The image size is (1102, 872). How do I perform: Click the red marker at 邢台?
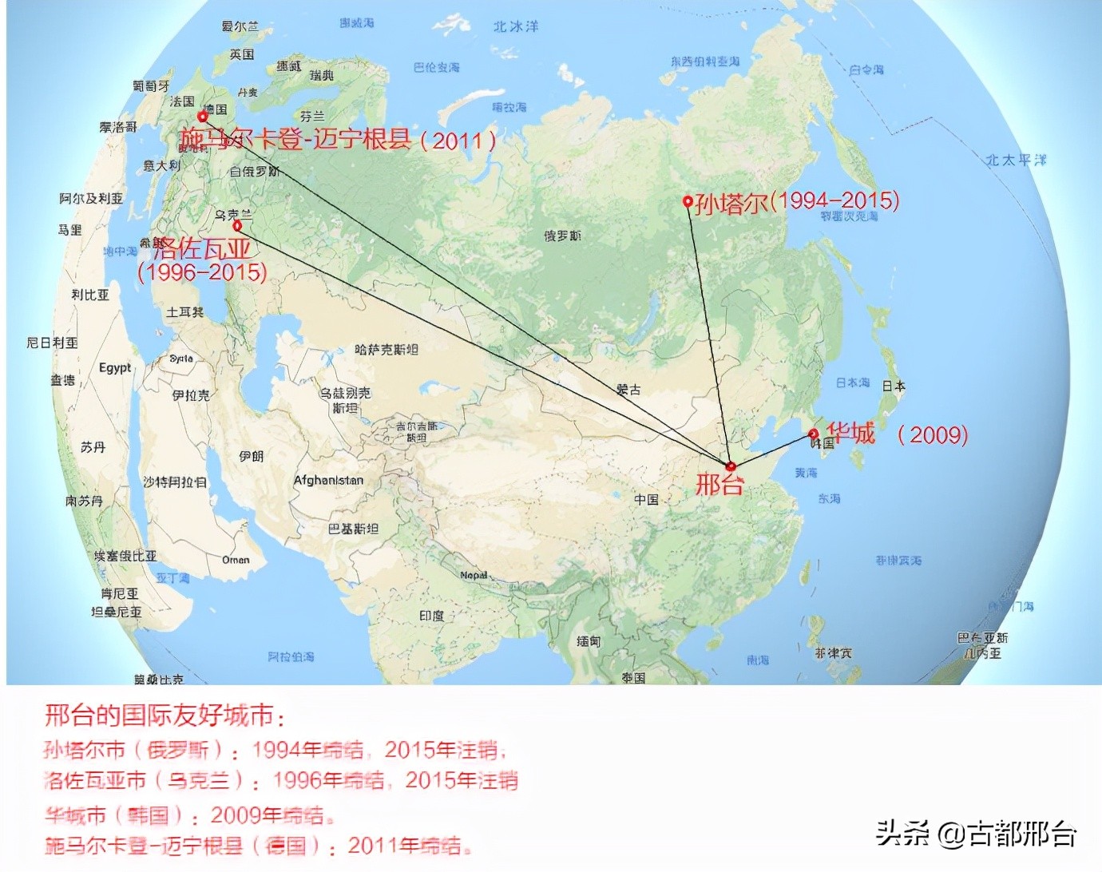point(731,466)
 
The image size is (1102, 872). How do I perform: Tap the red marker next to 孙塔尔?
point(688,201)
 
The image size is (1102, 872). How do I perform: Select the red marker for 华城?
point(813,434)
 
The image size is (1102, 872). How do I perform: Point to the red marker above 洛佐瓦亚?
point(237,226)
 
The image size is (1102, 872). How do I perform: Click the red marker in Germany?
point(203,117)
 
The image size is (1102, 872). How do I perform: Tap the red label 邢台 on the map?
point(719,484)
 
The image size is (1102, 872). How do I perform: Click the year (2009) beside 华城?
point(932,434)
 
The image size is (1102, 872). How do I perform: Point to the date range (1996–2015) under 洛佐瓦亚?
point(202,272)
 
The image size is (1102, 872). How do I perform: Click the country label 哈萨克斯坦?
point(386,350)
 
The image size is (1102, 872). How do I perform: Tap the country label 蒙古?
point(628,390)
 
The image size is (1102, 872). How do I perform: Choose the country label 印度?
point(431,616)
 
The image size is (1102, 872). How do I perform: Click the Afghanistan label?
point(328,481)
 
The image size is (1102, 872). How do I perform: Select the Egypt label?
point(115,367)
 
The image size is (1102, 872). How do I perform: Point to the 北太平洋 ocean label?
point(1015,160)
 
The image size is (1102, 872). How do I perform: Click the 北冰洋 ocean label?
point(515,26)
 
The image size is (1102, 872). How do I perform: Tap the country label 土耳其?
point(184,312)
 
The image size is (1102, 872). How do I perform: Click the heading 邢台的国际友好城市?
point(164,715)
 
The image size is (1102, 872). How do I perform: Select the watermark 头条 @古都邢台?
point(976,834)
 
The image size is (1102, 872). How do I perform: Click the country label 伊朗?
point(251,456)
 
